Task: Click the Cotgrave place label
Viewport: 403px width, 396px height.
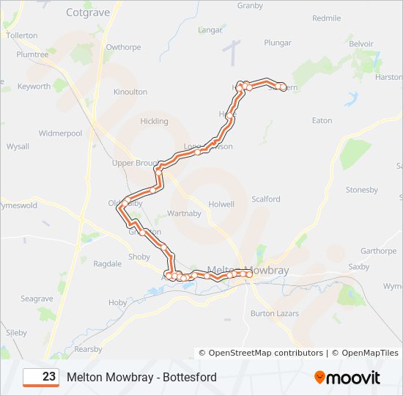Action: [x=87, y=12]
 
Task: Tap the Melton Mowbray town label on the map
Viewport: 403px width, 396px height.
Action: [x=249, y=271]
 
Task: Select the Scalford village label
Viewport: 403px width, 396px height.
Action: [x=266, y=199]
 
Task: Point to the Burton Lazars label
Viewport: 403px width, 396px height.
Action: [x=272, y=313]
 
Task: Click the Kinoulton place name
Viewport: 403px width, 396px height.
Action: [x=130, y=92]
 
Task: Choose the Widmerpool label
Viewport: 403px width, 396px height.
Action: [x=60, y=133]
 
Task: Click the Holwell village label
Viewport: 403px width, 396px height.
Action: [x=221, y=205]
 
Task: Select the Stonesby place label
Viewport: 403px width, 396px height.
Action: [x=362, y=190]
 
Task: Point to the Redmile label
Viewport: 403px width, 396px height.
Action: [x=326, y=18]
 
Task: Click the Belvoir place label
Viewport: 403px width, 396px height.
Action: [x=361, y=44]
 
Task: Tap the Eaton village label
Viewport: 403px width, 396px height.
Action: [x=322, y=120]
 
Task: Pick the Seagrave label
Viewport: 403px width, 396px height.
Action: [x=37, y=299]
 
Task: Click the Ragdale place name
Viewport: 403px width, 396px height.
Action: [x=107, y=263]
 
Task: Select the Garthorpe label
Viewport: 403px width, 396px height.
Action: [x=378, y=251]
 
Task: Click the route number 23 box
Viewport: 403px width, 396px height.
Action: [x=41, y=377]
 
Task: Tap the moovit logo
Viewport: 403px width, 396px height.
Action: [x=347, y=378]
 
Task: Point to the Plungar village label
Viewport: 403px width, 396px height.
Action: [x=278, y=43]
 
